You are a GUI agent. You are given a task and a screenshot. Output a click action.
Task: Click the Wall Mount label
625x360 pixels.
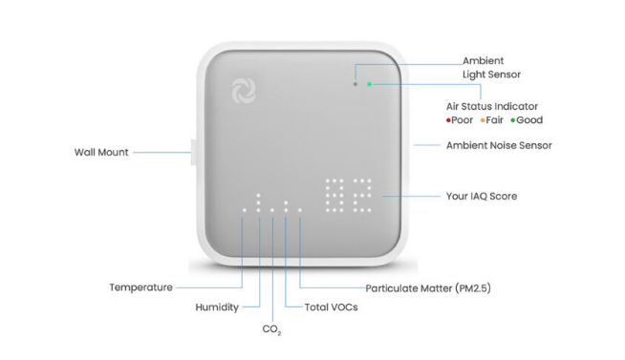101,152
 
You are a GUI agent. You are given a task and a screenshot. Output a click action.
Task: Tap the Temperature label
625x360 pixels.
141,287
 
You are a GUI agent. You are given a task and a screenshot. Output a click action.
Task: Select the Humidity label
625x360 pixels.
217,307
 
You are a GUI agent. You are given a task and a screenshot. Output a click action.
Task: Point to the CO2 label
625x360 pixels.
271,329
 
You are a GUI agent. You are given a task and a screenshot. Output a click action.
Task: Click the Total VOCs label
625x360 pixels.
332,307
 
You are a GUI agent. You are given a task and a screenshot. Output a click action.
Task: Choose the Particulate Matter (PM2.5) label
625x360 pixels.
428,288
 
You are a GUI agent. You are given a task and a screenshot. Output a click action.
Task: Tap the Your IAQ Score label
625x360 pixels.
482,196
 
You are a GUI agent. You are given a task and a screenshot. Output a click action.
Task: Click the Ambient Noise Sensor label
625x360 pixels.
499,145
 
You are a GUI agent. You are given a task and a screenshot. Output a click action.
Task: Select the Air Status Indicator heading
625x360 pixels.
492,106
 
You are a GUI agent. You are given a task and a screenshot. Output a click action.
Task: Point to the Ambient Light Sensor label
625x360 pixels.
491,68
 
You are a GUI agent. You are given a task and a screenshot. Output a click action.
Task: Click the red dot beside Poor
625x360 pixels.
448,120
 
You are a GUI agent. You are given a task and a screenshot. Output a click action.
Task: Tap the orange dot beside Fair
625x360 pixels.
483,120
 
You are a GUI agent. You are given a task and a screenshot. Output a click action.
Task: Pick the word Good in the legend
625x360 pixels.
529,120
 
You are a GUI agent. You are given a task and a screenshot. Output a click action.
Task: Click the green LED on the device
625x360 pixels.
370,84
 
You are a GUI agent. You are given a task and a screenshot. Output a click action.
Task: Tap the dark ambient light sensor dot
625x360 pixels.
356,84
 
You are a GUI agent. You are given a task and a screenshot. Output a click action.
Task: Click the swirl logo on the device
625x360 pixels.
244,91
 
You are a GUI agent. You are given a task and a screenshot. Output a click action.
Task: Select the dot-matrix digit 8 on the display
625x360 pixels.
334,195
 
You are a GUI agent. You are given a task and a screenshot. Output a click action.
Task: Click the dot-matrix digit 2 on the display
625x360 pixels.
362,195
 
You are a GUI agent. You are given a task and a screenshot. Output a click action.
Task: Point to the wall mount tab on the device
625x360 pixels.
194,152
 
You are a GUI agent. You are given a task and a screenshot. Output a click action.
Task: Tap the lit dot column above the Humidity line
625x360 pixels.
258,202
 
